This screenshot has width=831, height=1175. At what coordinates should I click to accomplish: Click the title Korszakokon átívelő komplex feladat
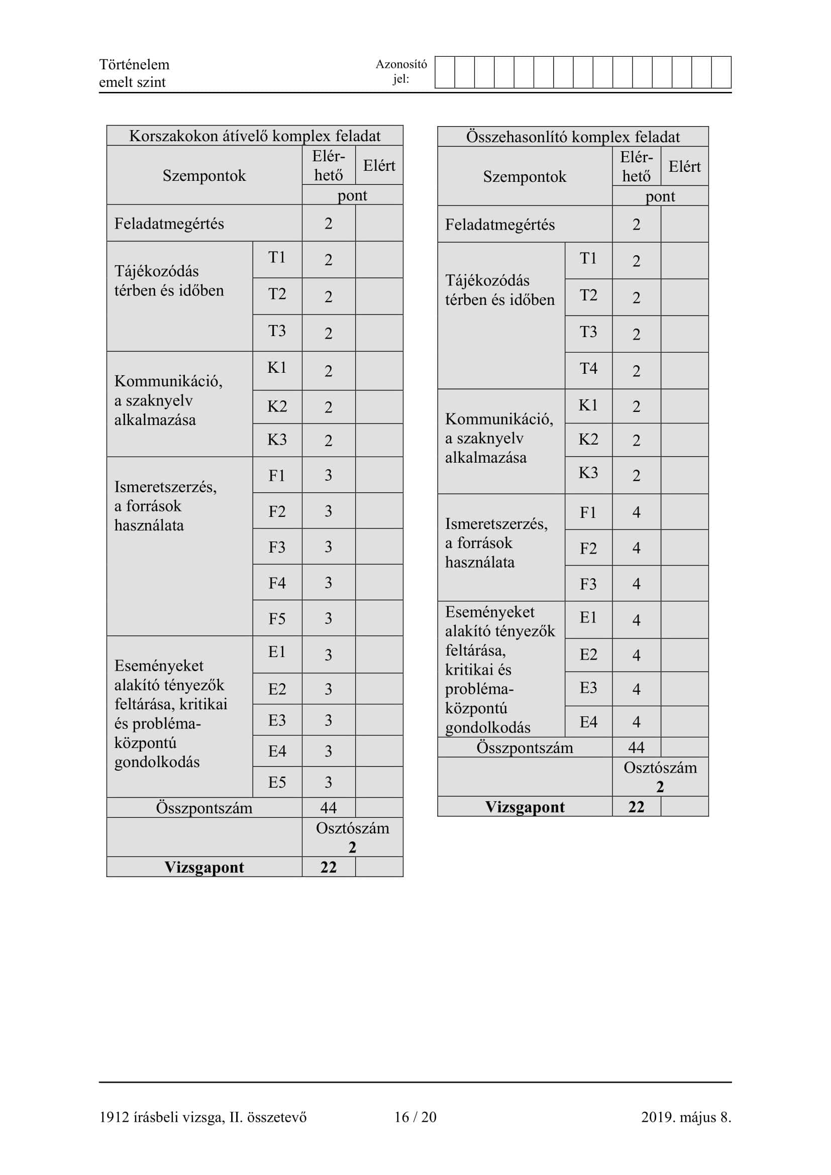coord(254,136)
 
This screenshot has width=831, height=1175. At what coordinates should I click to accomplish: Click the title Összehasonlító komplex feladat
coord(573,137)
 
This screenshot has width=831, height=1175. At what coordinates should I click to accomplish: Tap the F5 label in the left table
coord(277,619)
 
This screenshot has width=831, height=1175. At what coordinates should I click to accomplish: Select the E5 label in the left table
coord(277,782)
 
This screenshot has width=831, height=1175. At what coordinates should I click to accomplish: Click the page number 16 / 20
coord(415,1117)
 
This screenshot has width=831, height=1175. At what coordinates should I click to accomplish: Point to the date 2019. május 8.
coord(686,1117)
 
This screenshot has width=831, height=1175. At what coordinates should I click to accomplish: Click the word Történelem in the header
coord(134,64)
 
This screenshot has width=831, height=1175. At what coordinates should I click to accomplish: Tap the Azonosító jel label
coord(401,71)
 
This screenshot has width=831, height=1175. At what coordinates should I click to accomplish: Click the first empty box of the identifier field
coord(445,72)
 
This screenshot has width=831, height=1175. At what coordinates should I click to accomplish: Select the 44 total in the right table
coord(636,747)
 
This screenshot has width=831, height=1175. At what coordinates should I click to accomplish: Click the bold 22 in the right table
coord(636,807)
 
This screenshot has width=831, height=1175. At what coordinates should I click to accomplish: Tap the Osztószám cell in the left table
coord(352,837)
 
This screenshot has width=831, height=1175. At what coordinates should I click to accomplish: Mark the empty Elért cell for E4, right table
coord(684,721)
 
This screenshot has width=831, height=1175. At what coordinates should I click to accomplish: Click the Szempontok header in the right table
coord(525,176)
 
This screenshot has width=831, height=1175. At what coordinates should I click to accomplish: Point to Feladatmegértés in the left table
coord(169,224)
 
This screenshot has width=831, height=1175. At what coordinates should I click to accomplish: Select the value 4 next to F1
coord(636,512)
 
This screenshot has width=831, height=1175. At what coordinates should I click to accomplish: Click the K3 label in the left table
coord(277,440)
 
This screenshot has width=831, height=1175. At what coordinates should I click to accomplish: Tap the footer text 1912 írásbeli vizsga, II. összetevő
coord(202,1117)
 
